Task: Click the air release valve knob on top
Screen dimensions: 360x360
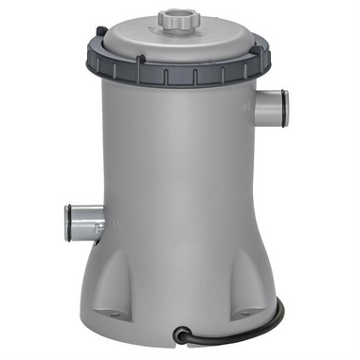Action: coord(174,18)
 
